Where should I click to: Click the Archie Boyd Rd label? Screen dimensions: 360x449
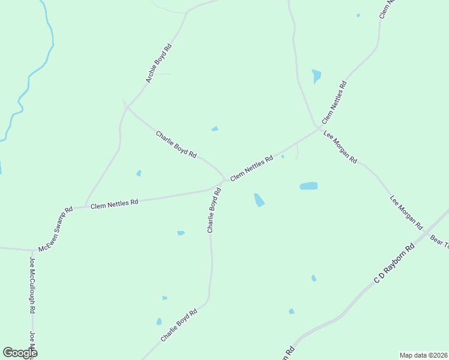tap(159, 63)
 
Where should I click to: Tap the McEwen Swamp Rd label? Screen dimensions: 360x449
tap(55, 229)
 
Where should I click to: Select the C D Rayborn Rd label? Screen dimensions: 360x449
tap(394, 264)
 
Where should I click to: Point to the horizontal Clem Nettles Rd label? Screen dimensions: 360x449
tap(115, 204)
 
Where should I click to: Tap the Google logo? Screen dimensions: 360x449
tap(20, 353)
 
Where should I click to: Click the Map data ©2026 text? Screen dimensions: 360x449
tap(423, 355)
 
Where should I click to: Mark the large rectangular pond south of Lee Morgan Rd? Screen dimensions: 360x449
tap(309, 186)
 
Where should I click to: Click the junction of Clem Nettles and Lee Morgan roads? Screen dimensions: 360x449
tap(318, 127)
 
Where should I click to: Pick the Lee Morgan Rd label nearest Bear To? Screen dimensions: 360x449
tap(406, 213)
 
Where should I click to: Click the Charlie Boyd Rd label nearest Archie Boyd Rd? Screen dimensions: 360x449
tap(176, 145)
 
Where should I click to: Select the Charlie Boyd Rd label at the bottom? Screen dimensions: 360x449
tap(179, 326)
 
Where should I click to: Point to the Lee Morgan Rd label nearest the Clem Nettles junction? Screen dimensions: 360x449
tap(340, 147)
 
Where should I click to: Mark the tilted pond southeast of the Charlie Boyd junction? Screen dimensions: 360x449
tap(259, 200)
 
